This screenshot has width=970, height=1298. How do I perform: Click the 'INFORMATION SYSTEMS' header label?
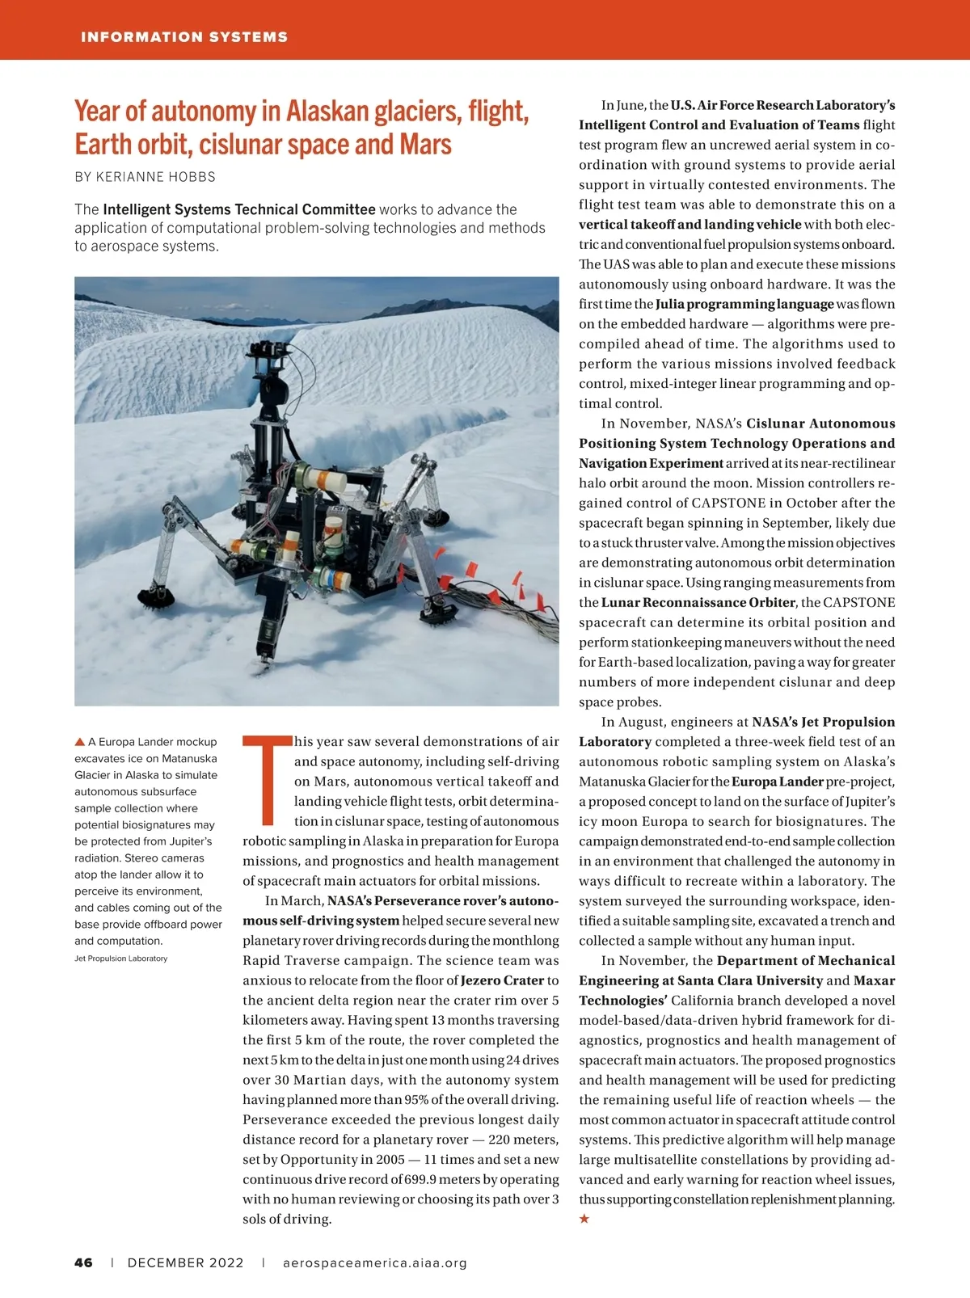183,37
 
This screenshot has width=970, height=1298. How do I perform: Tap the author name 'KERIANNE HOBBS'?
156,176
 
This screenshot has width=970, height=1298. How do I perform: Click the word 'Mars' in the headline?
425,145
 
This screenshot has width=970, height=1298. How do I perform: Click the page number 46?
83,1262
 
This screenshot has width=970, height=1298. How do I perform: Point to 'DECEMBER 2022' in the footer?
185,1262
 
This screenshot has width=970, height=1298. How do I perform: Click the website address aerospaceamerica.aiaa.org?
375,1262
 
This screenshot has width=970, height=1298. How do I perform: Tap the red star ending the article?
584,1219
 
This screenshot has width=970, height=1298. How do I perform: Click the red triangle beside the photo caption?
80,741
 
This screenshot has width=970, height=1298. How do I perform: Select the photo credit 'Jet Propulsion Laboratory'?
120,959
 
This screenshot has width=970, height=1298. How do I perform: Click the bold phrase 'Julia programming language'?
744,304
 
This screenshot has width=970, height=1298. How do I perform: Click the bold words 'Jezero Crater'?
502,980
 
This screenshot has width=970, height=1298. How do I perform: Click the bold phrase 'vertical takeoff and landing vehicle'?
690,225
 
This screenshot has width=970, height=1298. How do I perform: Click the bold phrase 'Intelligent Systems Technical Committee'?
239,209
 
